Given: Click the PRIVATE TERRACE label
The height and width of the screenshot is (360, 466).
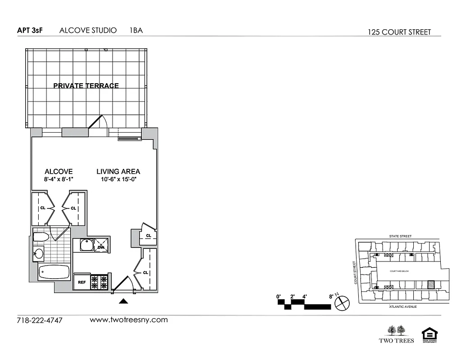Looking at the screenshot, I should coord(86,85).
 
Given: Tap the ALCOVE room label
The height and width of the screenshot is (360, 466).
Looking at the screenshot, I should coord(59,171).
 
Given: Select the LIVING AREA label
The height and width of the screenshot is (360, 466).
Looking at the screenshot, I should coord(118,171).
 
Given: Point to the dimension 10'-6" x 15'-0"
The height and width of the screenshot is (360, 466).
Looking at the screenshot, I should coord(118,179).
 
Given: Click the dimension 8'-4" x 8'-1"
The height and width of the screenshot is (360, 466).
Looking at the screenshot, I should coord(59,179).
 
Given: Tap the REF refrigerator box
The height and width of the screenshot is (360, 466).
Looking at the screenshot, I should coord(82,282).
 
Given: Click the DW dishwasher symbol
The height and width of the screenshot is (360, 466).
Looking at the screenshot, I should coord(101,247).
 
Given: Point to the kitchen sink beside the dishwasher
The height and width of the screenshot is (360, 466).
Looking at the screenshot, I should coord(86,245).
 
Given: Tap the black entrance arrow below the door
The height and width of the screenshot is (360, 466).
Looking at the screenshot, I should coord(124,301).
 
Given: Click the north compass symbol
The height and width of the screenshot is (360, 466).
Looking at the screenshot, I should coord(343,302).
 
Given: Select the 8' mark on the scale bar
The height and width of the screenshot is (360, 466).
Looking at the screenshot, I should coord(331,297).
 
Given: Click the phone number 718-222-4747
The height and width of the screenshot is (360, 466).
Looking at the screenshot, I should coord(39,321).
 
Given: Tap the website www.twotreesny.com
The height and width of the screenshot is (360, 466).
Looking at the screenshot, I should coord(129,320).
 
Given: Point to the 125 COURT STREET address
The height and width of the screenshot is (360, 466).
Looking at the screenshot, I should coord(399,32).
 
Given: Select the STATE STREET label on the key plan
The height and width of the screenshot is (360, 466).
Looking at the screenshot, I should coord(401,236).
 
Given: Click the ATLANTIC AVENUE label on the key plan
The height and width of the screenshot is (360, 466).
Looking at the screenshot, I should coord(403,306).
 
